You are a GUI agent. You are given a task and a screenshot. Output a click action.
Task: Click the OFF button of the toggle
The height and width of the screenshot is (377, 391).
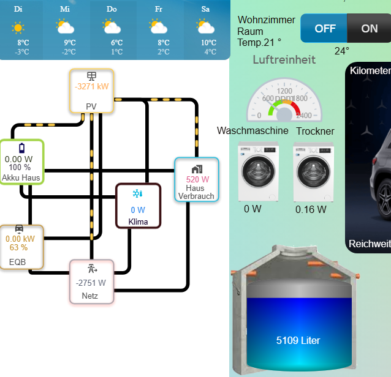click(325, 29)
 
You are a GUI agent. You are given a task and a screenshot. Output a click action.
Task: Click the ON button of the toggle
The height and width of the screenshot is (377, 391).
click(370, 29)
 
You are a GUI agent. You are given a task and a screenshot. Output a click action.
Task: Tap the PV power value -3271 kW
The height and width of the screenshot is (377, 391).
click(91, 87)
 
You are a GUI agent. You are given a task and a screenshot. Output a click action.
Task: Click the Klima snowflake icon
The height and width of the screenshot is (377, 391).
click(138, 194)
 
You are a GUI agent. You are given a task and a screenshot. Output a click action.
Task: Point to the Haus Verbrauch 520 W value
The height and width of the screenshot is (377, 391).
click(197, 180)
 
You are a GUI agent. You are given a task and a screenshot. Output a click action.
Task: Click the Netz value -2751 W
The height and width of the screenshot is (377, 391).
click(91, 283)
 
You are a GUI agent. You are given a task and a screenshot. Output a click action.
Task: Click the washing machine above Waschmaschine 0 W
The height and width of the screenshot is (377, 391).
click(257, 173)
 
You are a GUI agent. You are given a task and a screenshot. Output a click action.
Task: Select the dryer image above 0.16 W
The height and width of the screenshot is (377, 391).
click(313, 173)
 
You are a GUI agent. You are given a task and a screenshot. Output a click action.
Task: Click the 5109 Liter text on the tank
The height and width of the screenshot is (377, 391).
click(298, 340)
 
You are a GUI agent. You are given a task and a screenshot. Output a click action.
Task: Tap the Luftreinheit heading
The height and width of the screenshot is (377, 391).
click(284, 59)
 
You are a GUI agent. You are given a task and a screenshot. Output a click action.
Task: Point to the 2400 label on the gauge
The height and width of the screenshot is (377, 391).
click(303, 115)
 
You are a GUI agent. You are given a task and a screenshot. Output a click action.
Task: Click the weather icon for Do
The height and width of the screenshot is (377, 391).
click(112, 26)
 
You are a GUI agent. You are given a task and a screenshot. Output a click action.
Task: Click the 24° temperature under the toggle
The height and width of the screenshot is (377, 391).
click(342, 51)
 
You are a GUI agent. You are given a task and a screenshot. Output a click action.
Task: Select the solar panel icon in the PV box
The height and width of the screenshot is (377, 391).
click(91, 76)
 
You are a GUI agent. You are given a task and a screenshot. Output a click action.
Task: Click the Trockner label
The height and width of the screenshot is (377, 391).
click(315, 132)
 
